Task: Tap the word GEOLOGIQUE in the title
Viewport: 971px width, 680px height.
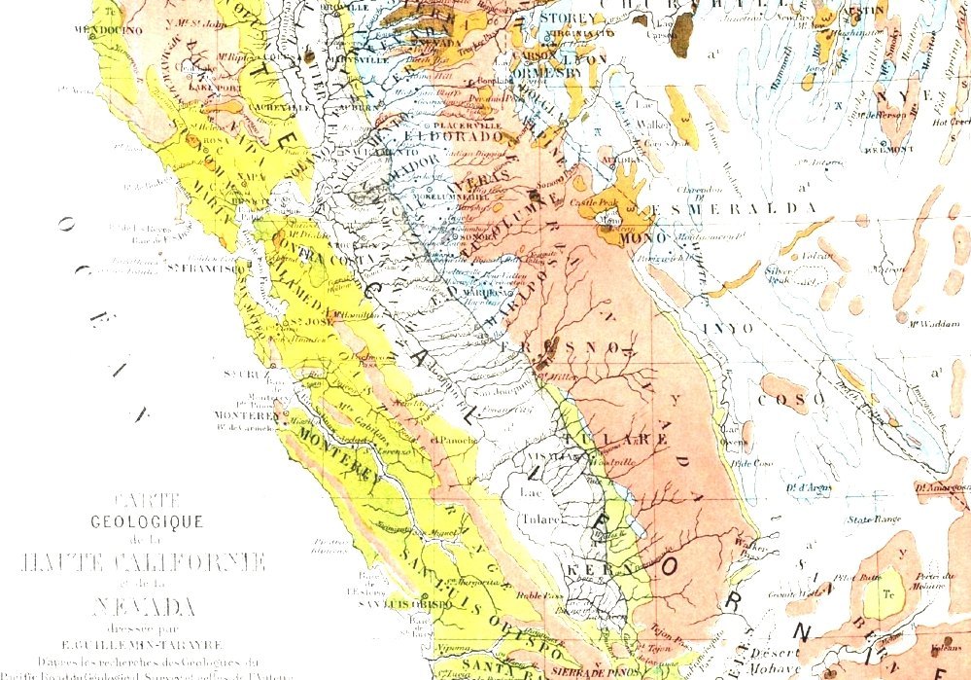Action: (x=147, y=521)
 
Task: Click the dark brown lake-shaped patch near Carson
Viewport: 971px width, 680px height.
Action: (x=683, y=28)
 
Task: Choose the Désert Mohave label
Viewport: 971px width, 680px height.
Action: (x=776, y=660)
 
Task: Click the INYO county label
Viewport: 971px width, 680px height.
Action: (x=727, y=329)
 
